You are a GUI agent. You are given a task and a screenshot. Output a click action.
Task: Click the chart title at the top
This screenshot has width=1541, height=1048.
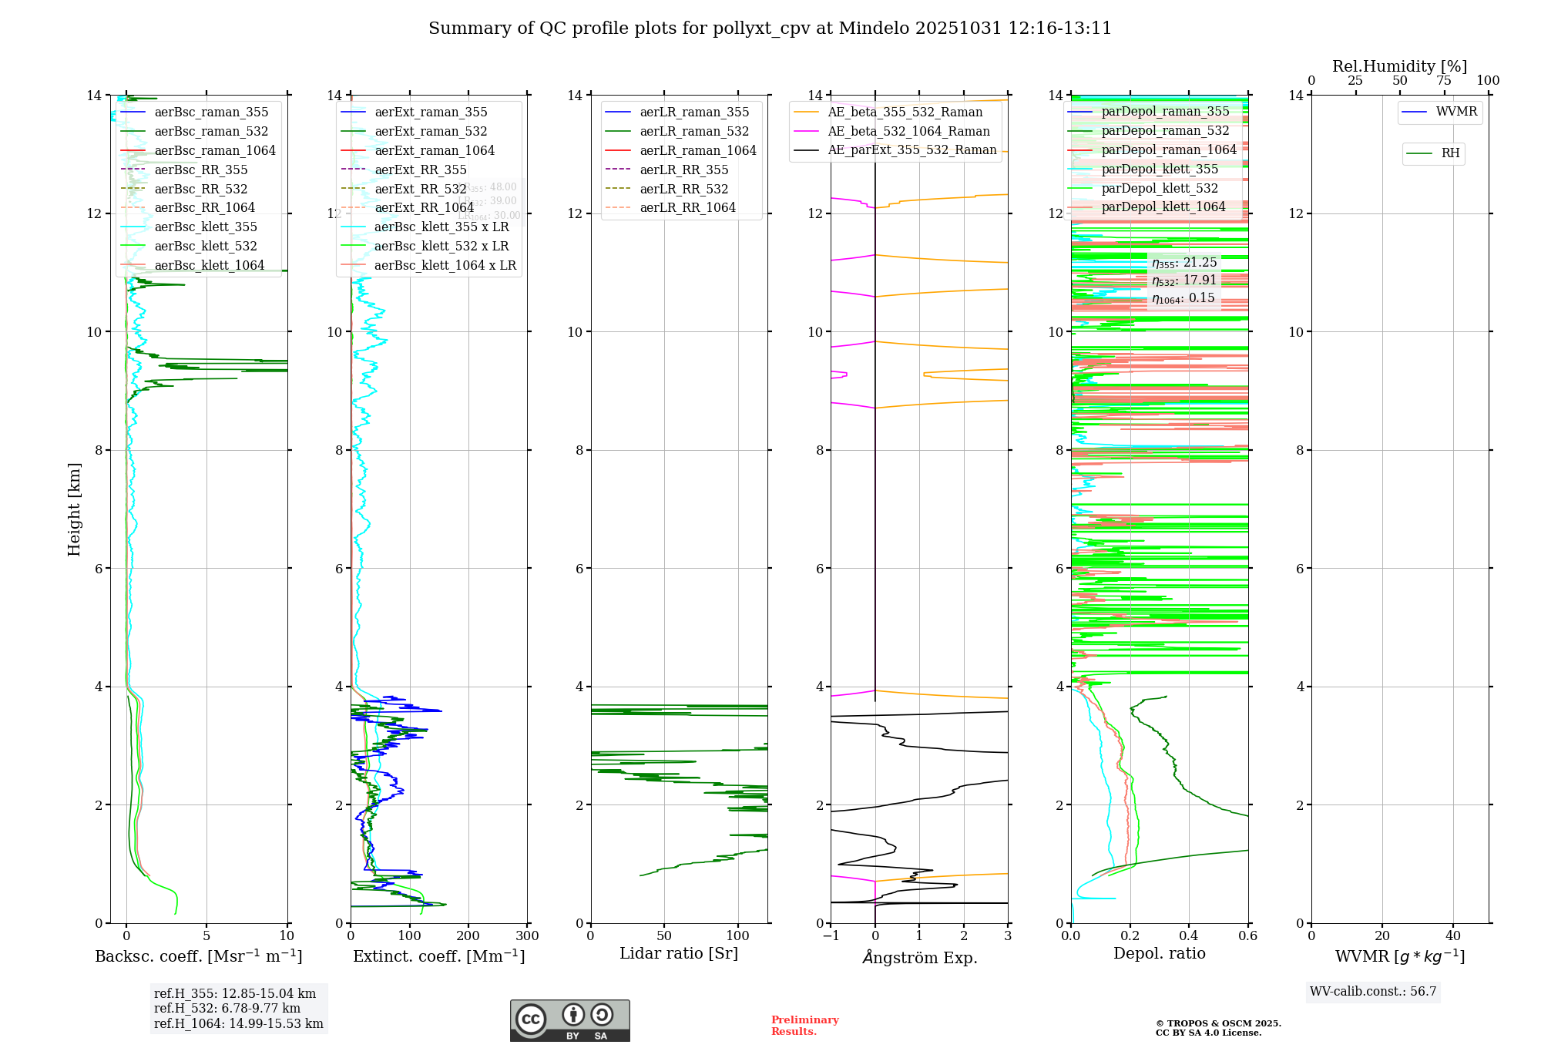click(x=770, y=29)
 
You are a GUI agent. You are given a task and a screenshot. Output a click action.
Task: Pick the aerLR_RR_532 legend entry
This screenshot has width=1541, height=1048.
click(x=683, y=189)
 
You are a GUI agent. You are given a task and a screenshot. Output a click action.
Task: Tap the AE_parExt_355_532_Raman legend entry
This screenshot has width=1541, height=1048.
click(x=912, y=150)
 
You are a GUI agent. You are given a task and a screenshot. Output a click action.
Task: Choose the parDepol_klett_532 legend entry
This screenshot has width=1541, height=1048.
click(x=1160, y=188)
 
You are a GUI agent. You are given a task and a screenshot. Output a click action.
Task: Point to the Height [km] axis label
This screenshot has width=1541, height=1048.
click(x=74, y=509)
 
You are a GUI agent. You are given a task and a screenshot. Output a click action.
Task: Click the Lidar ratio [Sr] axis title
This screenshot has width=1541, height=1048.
click(x=679, y=953)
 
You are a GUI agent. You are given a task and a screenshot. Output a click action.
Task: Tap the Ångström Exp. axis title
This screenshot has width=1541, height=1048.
click(x=919, y=957)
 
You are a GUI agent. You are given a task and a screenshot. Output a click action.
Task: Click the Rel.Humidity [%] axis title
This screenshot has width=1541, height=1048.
click(x=1399, y=66)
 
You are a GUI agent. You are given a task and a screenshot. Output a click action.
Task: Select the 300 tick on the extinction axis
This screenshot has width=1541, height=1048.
click(x=527, y=936)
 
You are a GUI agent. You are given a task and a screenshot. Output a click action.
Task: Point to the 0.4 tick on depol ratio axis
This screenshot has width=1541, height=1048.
click(x=1189, y=936)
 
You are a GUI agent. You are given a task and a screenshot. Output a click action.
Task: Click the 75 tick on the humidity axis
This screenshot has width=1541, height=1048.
click(x=1444, y=81)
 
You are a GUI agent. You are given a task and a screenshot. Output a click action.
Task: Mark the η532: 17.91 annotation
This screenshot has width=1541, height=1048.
click(x=1183, y=280)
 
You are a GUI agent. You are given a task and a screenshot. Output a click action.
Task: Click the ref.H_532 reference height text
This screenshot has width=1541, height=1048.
click(x=227, y=1008)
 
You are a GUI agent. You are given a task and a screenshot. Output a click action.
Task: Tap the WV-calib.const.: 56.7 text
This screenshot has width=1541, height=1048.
click(x=1373, y=991)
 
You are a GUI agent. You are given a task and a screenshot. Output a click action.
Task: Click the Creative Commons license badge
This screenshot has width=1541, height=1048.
click(x=569, y=1020)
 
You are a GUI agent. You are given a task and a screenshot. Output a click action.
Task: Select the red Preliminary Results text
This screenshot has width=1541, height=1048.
click(x=804, y=1025)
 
